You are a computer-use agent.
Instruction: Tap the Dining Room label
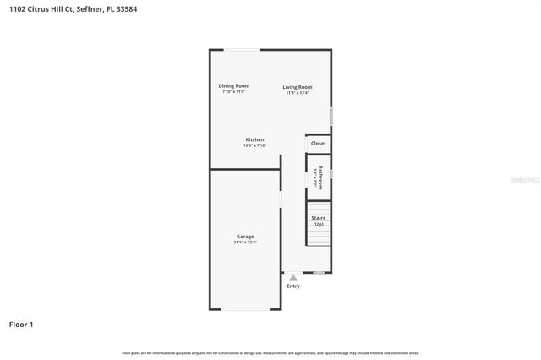coord(233,85)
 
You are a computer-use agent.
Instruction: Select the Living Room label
coord(297,87)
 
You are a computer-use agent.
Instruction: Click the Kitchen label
coord(254,139)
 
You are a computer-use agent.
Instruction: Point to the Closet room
coord(318,144)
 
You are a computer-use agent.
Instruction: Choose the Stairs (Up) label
coord(318,221)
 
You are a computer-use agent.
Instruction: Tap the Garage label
coord(245,237)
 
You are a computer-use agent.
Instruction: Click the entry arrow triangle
coord(292,277)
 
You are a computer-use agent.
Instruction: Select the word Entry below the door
coord(292,286)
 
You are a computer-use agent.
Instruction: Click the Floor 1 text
coord(21,324)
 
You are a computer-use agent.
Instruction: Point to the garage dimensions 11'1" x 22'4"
coord(245,243)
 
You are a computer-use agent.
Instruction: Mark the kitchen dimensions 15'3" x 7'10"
coord(254,145)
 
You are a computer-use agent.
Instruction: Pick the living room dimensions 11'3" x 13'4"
coord(297,92)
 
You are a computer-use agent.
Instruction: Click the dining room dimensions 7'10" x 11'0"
coord(233,91)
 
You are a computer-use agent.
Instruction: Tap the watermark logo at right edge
coord(525,180)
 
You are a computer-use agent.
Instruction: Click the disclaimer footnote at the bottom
coord(270,352)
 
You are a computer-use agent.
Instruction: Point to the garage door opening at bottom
coord(245,309)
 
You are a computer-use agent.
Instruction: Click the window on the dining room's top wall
coord(242,50)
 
